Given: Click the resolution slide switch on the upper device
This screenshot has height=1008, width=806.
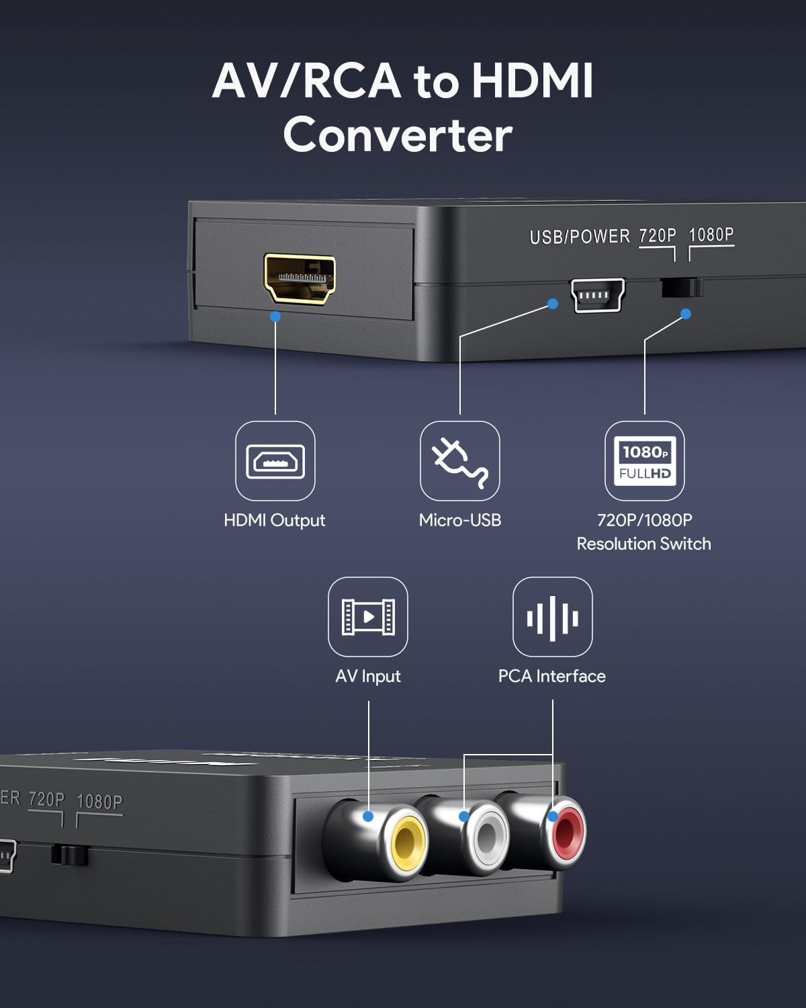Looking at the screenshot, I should click(682, 288).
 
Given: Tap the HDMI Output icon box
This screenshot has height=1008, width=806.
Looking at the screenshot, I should click(275, 461).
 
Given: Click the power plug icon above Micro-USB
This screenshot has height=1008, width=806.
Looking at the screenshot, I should click(460, 461).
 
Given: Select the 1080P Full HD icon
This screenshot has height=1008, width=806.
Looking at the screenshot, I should click(645, 461).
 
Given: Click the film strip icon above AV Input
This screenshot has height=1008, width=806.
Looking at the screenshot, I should click(368, 617).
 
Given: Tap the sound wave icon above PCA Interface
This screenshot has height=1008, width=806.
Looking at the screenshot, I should click(553, 617).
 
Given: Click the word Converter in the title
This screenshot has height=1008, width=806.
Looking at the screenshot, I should click(398, 135).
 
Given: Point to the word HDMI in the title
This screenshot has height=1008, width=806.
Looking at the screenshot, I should click(532, 81).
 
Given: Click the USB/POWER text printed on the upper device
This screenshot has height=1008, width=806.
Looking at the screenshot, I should click(580, 237).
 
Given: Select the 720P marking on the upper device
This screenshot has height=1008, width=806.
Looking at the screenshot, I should click(657, 235).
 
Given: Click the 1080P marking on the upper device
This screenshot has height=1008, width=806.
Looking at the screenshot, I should click(711, 235).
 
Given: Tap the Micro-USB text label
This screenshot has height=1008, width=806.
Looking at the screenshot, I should click(460, 520).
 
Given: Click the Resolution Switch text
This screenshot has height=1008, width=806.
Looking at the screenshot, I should click(643, 544).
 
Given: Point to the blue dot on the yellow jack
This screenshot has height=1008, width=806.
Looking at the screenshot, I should click(368, 816).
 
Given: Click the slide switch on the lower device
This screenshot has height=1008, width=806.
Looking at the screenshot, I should click(70, 855).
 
